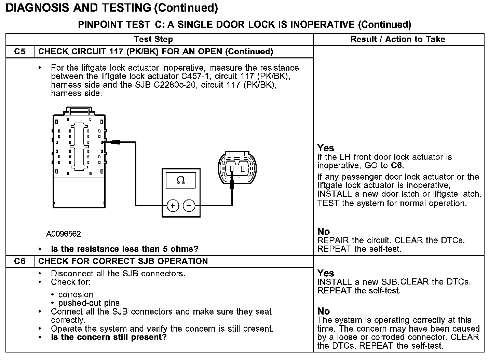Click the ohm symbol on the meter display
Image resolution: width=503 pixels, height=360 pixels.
(x=181, y=180)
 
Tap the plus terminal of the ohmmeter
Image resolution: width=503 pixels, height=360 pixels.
(x=173, y=206)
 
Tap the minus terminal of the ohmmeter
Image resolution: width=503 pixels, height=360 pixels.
(x=189, y=206)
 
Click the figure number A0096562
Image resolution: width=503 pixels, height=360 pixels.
(x=64, y=234)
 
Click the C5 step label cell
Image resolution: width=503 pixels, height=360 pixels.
(x=20, y=52)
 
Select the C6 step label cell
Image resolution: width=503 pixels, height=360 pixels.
(x=20, y=261)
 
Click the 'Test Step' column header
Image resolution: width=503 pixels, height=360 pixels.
(x=153, y=39)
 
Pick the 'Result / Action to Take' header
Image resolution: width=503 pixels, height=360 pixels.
(x=398, y=39)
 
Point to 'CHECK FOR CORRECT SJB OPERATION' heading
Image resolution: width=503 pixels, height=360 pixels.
(x=123, y=261)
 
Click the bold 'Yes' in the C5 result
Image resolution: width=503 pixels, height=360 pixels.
(x=325, y=148)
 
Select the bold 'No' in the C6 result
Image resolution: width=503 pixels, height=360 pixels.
(x=324, y=311)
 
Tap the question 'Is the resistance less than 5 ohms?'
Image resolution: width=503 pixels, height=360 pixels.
(x=125, y=249)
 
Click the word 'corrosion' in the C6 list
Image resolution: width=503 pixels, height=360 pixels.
(x=76, y=294)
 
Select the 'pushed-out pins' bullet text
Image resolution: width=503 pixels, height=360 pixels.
(x=89, y=303)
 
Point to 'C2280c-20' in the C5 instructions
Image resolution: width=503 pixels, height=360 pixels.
(x=176, y=85)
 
